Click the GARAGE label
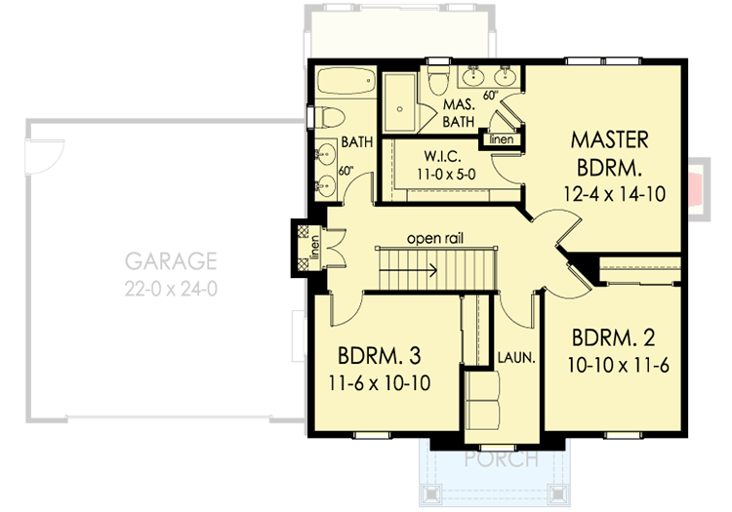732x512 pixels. pos(170,260)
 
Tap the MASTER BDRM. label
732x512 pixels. pos(609,150)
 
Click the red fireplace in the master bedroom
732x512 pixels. pos(694,188)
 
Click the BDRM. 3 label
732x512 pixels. pos(380,353)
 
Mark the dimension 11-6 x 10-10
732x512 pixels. pos(379,381)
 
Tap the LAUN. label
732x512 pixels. pos(515,357)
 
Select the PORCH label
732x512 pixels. pos(500,458)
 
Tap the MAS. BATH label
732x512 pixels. pos(458,112)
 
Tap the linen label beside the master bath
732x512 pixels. pos(502,139)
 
